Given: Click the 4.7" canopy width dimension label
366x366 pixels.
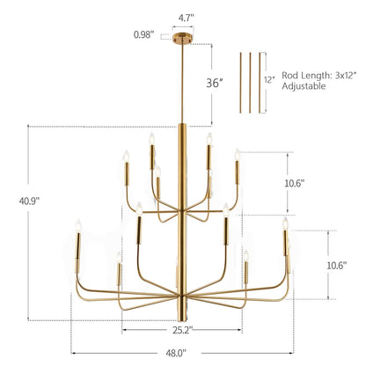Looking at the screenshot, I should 185,16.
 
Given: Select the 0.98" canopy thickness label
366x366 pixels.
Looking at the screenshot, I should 144,35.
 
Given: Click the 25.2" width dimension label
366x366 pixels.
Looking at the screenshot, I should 182,332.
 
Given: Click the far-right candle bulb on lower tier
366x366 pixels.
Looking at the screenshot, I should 285,224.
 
